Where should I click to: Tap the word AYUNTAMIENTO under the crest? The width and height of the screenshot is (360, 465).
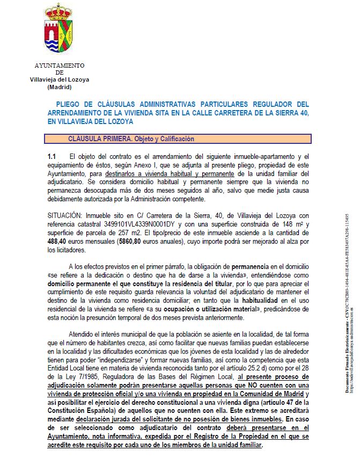(60, 66)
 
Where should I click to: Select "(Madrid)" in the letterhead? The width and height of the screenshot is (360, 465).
(60, 86)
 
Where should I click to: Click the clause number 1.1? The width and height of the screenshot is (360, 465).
(52, 156)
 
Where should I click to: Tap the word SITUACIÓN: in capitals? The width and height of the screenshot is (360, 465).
(67, 215)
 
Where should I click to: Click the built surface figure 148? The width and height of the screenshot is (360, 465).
(277, 224)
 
